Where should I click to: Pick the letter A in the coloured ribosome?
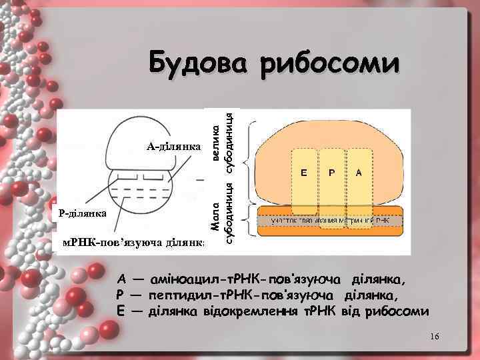coord(359,173)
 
